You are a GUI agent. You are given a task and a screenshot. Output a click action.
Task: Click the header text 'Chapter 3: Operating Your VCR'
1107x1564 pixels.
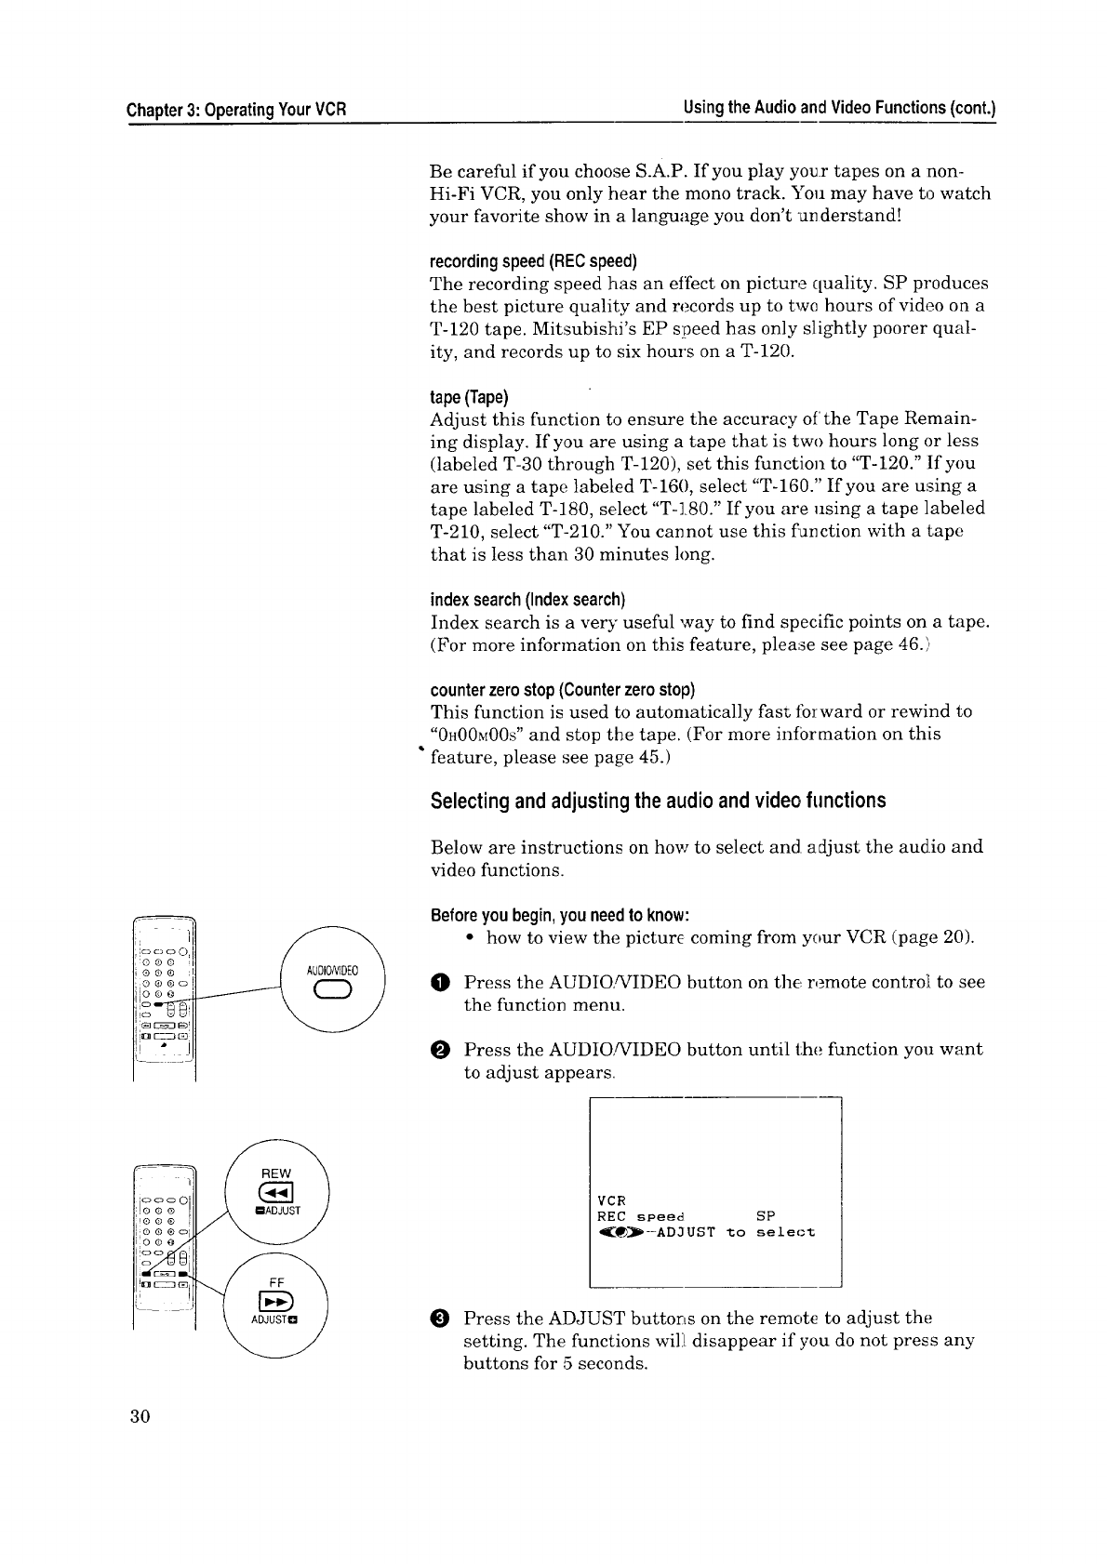pos(237,109)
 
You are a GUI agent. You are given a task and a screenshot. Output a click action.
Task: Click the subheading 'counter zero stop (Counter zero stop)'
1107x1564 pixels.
pos(563,689)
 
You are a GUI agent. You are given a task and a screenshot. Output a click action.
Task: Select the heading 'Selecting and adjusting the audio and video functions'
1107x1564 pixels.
pos(658,801)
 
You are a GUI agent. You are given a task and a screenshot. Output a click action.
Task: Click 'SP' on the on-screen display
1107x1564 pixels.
pos(766,1215)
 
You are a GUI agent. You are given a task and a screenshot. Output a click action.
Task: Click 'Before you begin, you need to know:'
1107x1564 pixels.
pos(559,913)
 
